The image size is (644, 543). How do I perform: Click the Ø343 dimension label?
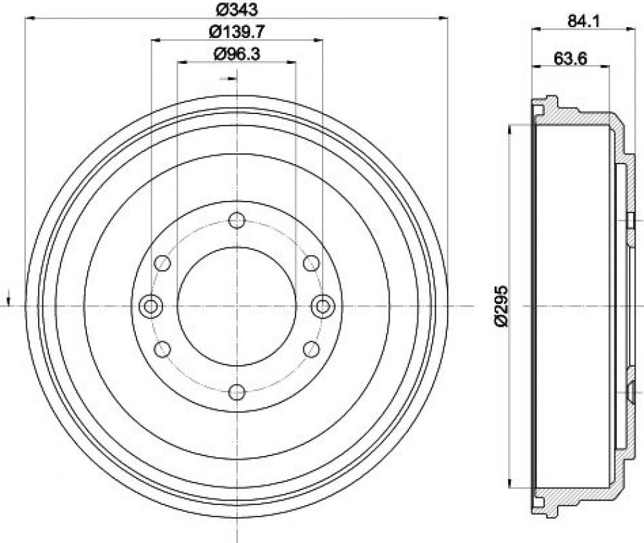[x=236, y=8]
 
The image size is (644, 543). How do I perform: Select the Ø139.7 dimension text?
[x=237, y=31]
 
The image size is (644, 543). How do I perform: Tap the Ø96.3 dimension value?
[x=237, y=53]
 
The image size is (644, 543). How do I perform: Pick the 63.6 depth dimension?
[x=571, y=59]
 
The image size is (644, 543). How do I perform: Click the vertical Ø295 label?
[x=502, y=306]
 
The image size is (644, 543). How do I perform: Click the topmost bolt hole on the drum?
[x=236, y=220]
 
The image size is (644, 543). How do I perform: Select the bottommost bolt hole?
[x=236, y=392]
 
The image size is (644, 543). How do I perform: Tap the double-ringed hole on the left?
[x=151, y=307]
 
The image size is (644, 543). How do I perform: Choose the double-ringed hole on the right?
[x=323, y=307]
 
